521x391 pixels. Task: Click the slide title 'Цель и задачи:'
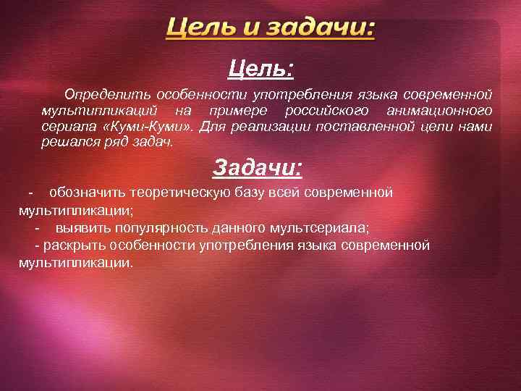(x=271, y=29)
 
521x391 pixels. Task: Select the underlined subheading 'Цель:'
(x=260, y=70)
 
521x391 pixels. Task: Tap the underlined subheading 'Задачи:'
(x=258, y=168)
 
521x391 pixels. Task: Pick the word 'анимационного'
(x=439, y=111)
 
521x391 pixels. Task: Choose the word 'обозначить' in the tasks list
(x=85, y=193)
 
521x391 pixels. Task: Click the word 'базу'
(x=250, y=193)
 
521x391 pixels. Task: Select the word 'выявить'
(x=80, y=228)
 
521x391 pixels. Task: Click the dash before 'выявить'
(x=37, y=228)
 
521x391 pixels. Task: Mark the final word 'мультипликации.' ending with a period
(x=76, y=263)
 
